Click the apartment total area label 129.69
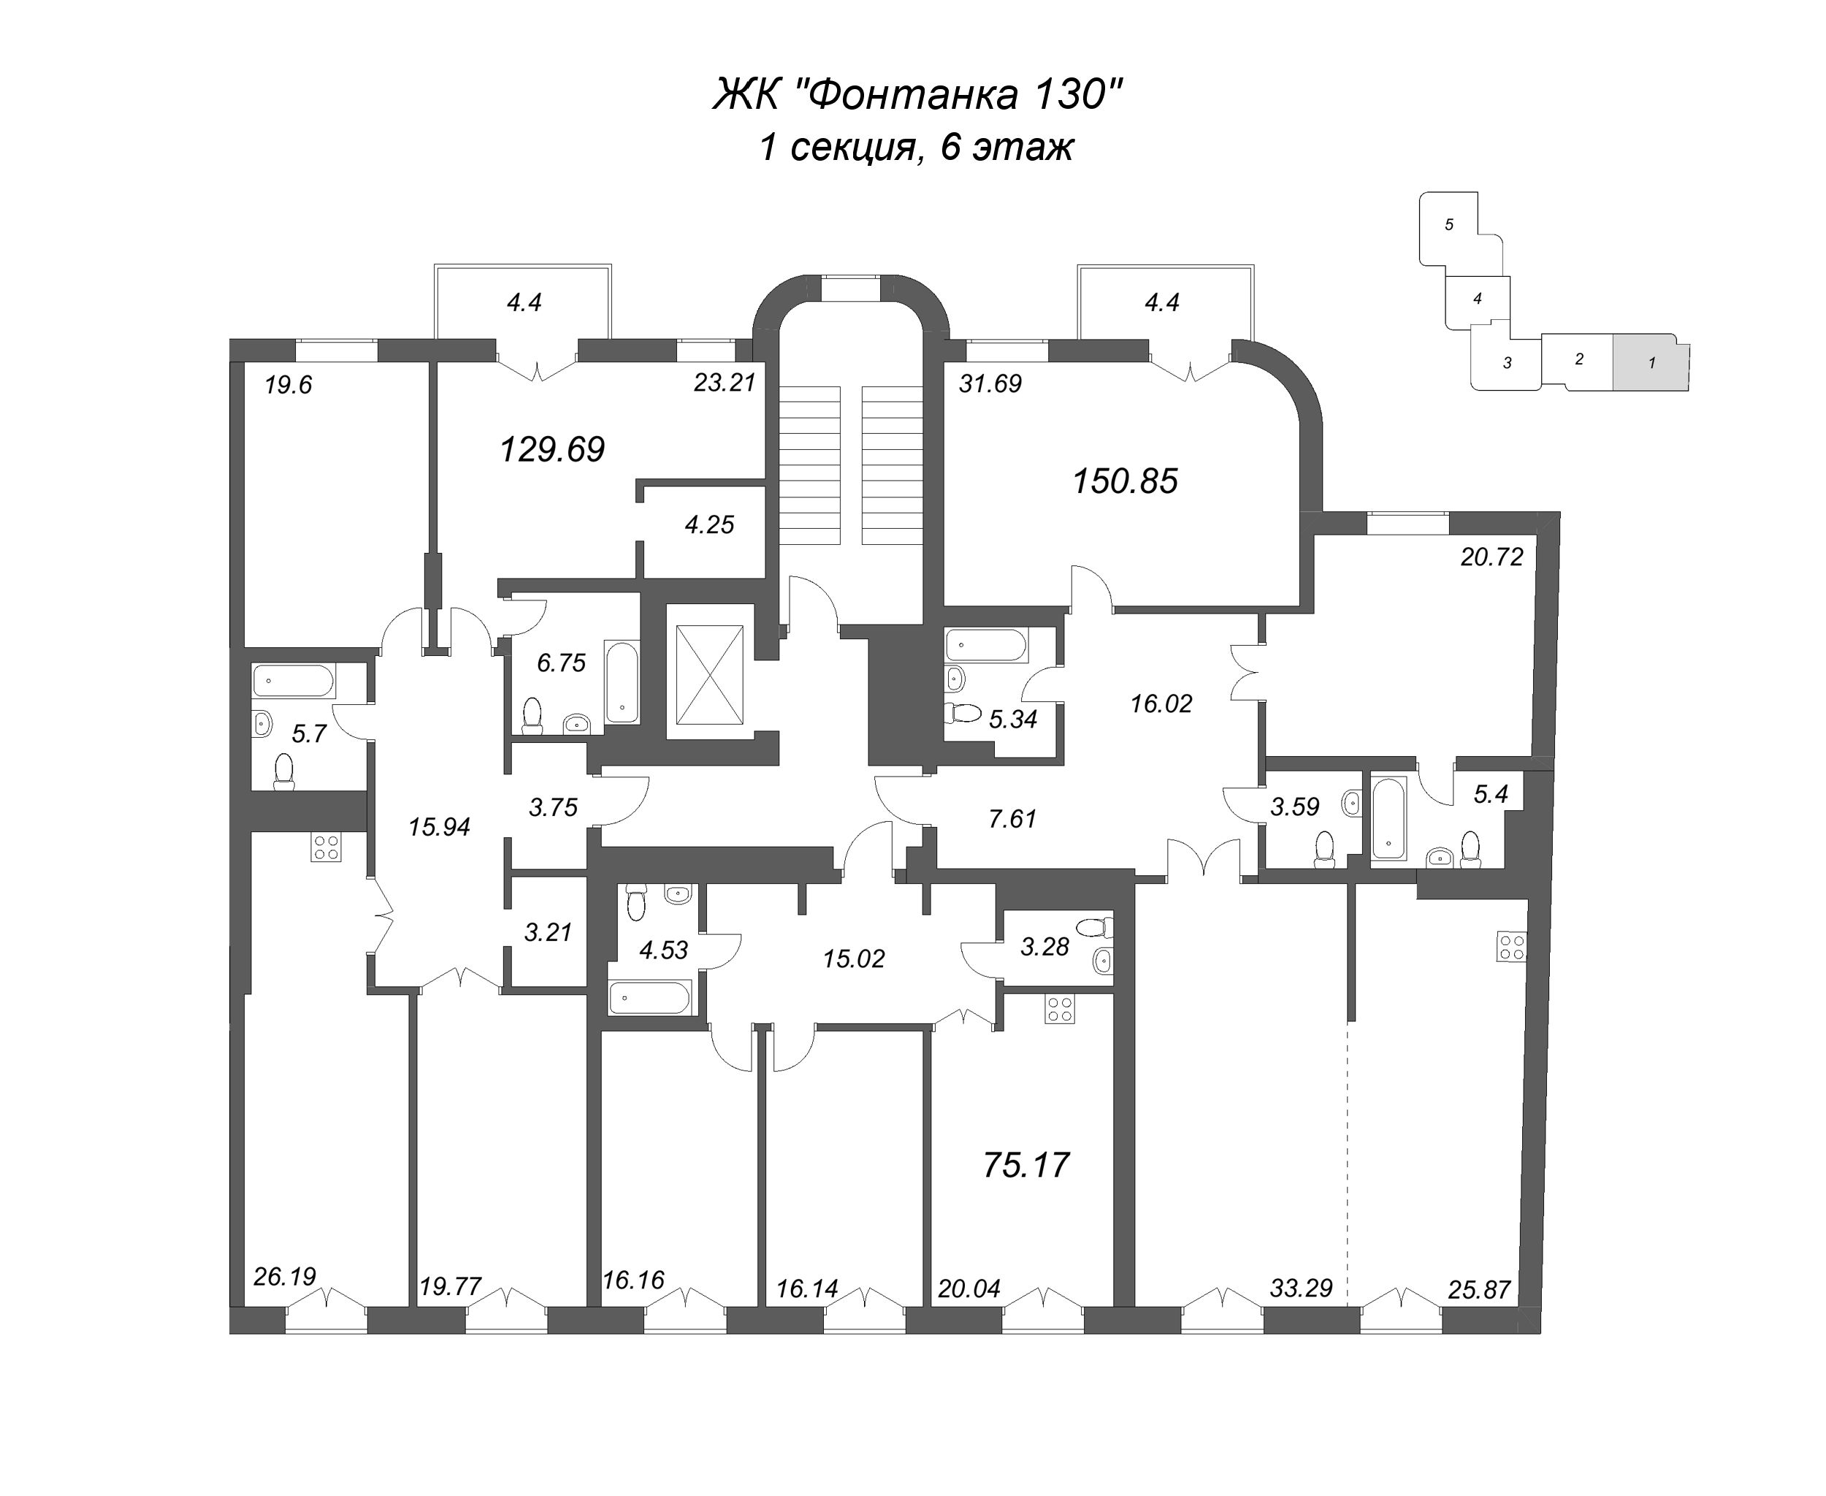552,449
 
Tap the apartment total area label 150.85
1125,481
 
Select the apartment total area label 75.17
1025,1165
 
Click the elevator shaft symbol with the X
709,675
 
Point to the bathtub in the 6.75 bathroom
622,682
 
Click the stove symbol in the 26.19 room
326,847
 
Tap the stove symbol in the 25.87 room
1511,948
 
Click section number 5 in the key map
1448,225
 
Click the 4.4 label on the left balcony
523,302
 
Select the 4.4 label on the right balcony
1161,302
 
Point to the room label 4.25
709,524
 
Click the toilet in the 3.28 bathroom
1094,928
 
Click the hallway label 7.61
1012,819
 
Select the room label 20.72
1491,557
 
